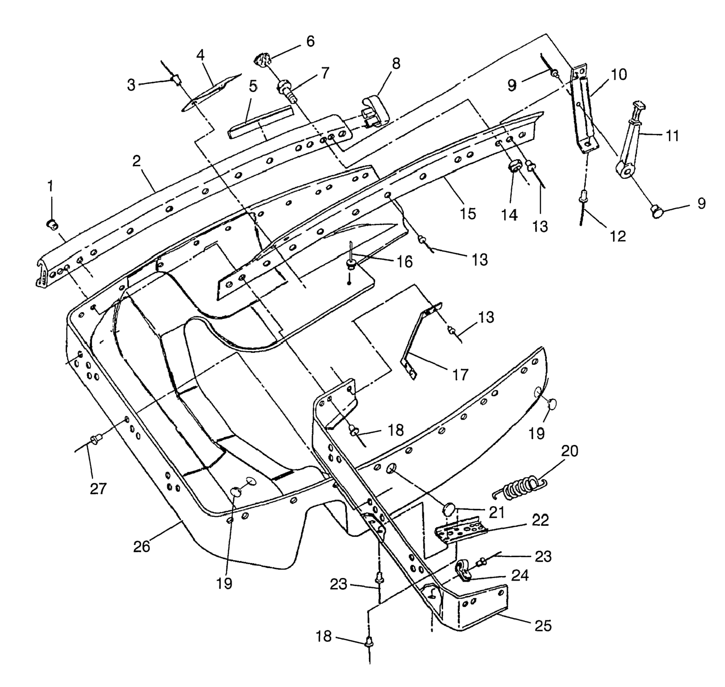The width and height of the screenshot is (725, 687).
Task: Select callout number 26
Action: click(x=142, y=546)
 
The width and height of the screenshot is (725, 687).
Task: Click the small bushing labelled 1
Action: click(x=51, y=224)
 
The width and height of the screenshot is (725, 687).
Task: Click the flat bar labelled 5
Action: click(x=261, y=122)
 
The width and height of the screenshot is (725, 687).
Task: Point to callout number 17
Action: click(x=460, y=374)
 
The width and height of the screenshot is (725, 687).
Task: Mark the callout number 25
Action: click(x=543, y=626)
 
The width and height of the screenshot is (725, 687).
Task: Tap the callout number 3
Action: click(x=131, y=85)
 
